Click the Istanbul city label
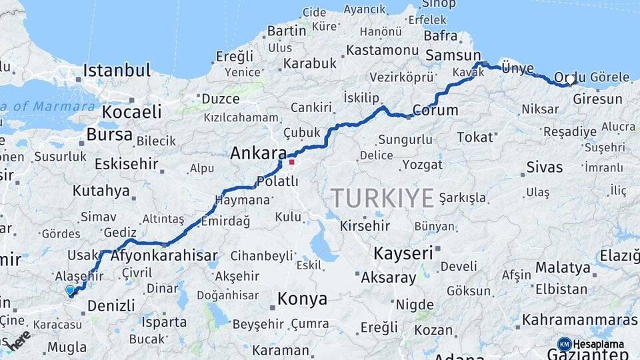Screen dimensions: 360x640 (x=117, y=70)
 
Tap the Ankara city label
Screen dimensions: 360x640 (x=258, y=153)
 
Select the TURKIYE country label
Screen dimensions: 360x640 (x=382, y=198)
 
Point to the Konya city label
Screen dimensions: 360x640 (x=302, y=299)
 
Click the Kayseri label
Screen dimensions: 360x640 (x=403, y=253)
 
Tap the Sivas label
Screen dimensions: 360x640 (x=545, y=167)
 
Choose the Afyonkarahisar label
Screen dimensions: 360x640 (x=164, y=255)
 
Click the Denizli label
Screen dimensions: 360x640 (x=111, y=306)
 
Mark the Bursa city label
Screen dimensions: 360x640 (x=109, y=133)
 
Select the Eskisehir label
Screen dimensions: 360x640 (x=126, y=163)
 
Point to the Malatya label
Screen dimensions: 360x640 (x=563, y=268)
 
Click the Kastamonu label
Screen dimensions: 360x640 (x=382, y=50)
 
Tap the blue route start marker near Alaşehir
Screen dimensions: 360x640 (x=70, y=290)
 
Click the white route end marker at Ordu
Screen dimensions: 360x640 (x=571, y=80)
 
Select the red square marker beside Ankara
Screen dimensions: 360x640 (x=291, y=161)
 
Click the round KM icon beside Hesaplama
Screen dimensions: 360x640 (x=564, y=344)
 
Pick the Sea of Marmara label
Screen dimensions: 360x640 (x=50, y=106)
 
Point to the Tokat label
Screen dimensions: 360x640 (x=474, y=137)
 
